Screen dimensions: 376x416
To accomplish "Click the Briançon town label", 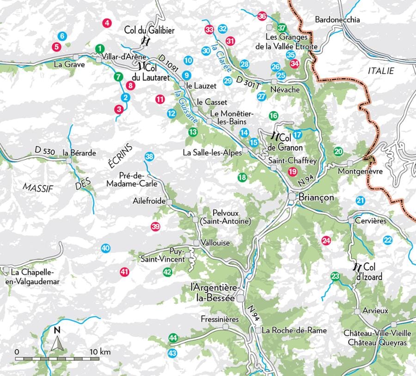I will click(x=317, y=196).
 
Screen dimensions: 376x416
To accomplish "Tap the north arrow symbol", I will click(x=57, y=341).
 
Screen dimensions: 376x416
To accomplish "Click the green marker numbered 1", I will click(x=99, y=48).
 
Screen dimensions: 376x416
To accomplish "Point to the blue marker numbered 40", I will click(x=105, y=248).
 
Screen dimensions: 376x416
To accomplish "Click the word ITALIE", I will click(x=380, y=71).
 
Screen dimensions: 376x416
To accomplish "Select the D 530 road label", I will click(x=45, y=151).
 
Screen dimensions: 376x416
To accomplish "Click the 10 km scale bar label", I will click(x=100, y=352).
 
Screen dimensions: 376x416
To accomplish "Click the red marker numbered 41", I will click(x=124, y=272).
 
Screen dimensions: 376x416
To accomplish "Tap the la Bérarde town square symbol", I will click(x=69, y=161).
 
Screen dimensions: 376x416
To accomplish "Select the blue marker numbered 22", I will click(x=387, y=240).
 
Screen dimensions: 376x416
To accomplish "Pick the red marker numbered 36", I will click(x=263, y=16).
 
